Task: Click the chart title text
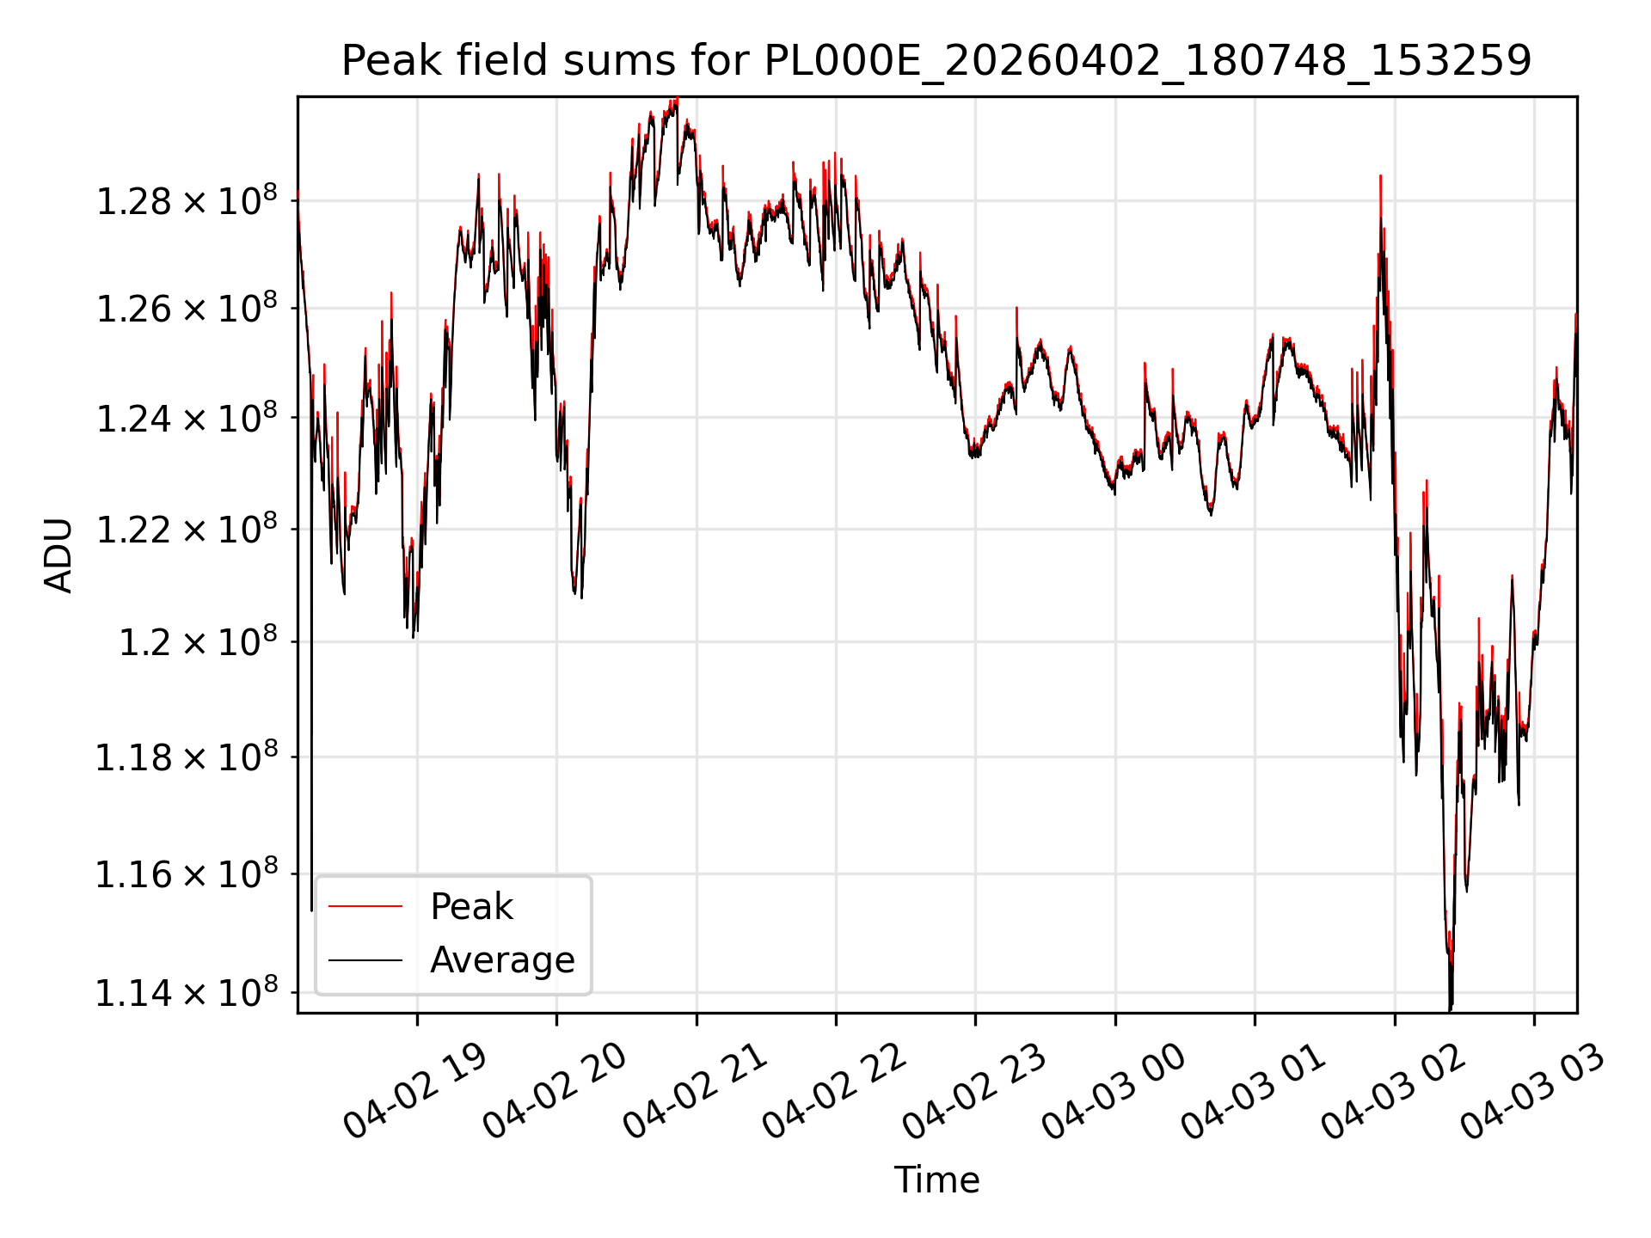tap(936, 61)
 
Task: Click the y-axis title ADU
tap(58, 555)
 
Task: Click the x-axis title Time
tap(936, 1180)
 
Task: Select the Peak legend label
tap(471, 906)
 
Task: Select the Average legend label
tap(502, 959)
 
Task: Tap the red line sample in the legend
tap(365, 906)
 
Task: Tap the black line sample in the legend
tap(365, 960)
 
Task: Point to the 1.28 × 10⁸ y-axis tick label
tap(187, 200)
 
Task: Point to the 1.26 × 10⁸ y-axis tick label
tap(187, 308)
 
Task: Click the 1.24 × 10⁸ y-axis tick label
tap(187, 418)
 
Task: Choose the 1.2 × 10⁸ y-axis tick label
tap(198, 641)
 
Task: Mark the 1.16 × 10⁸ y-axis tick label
tap(187, 873)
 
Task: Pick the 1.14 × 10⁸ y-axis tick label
tap(187, 992)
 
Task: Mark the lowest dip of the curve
tap(1451, 1009)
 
